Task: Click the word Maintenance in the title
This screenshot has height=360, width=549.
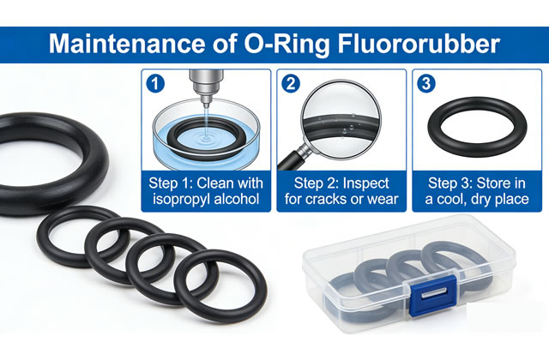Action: click(x=126, y=44)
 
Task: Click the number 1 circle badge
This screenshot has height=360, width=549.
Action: click(x=155, y=84)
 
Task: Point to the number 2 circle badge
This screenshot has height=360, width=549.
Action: click(x=291, y=84)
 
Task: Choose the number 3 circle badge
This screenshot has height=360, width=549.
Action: click(x=426, y=84)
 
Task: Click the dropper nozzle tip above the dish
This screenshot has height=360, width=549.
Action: click(x=206, y=104)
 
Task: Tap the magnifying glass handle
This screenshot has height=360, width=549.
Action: click(x=293, y=158)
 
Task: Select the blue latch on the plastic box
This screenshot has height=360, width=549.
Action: click(x=433, y=295)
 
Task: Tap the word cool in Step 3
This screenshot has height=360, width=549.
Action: click(x=452, y=199)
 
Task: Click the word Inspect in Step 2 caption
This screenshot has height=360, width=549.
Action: click(x=365, y=183)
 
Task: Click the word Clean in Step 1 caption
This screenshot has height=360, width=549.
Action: click(x=215, y=183)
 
